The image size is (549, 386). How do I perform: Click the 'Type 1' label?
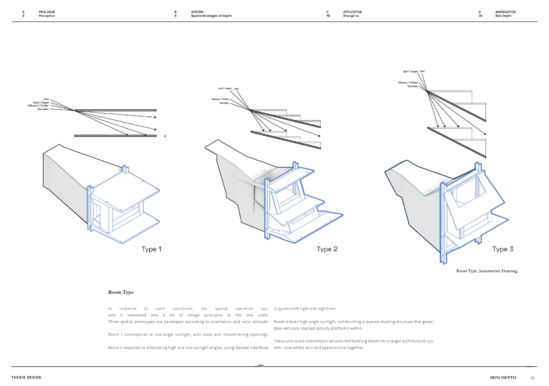(x=152, y=249)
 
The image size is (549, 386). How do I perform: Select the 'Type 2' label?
(x=327, y=249)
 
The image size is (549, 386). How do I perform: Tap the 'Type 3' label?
(x=503, y=249)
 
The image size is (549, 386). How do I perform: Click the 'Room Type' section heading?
(x=121, y=292)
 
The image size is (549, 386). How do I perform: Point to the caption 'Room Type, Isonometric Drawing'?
(x=486, y=271)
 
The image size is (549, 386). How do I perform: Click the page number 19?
(x=532, y=378)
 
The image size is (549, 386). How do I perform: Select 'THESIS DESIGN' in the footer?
(x=26, y=378)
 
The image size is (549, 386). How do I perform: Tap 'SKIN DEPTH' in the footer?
(x=503, y=378)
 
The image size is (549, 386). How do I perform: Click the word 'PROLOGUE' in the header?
(x=47, y=12)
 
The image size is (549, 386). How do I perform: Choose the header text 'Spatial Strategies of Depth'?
(x=211, y=16)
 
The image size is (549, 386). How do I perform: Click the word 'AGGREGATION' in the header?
(x=505, y=12)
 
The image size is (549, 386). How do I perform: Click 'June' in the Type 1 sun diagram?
(x=46, y=99)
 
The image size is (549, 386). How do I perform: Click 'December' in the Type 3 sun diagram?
(x=413, y=87)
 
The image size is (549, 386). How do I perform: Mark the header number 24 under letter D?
(x=481, y=16)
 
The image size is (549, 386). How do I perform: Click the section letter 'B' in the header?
(x=175, y=12)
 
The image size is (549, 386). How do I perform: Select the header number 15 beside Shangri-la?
(x=328, y=16)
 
